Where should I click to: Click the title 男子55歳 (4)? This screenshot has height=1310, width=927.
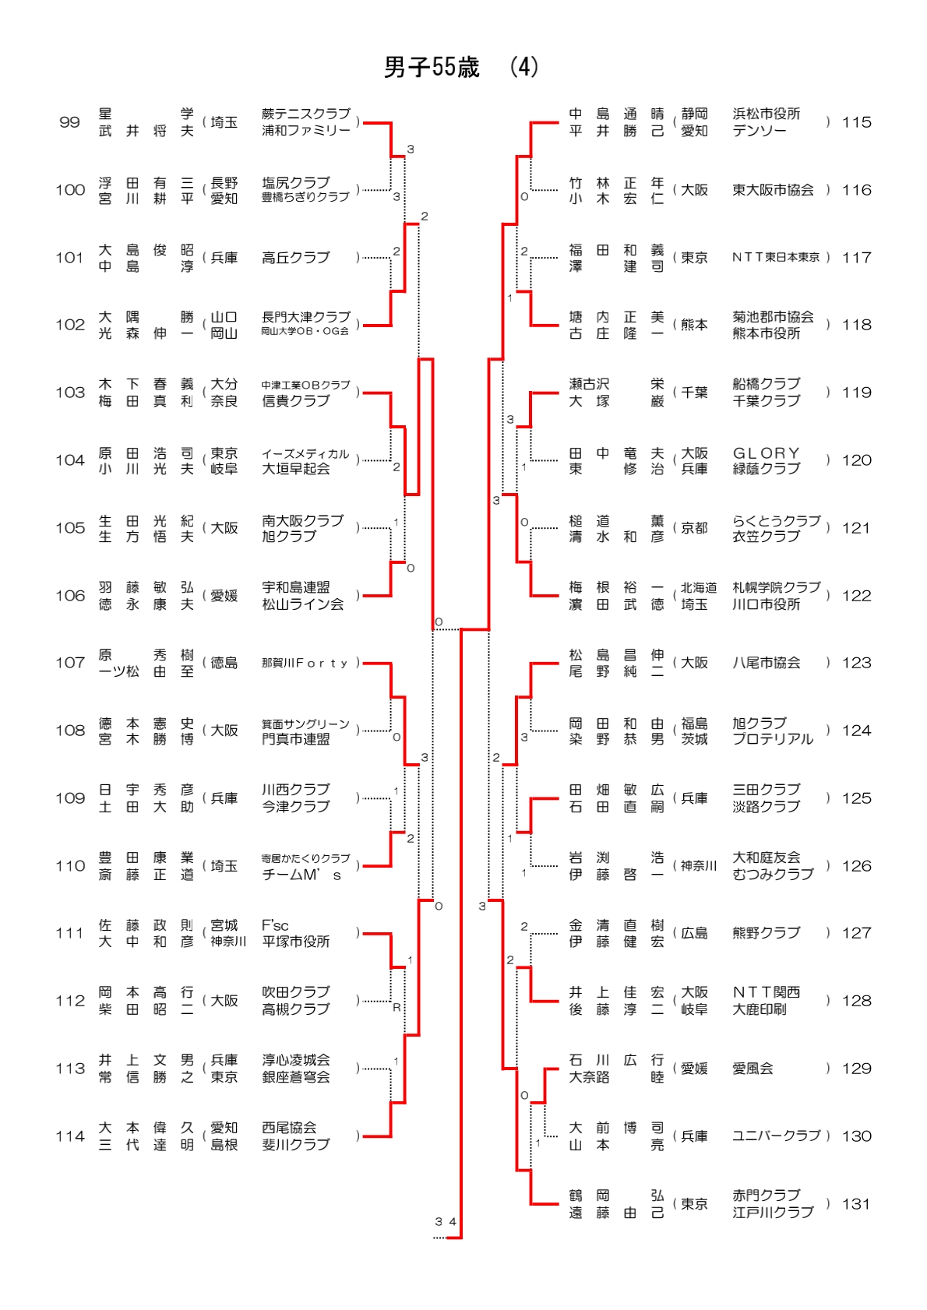point(460,68)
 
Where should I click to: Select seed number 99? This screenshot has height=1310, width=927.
point(69,122)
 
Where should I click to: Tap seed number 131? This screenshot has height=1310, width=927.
point(856,1204)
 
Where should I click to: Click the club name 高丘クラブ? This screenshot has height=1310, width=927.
point(296,258)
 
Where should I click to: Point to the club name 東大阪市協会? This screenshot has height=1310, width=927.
point(773,190)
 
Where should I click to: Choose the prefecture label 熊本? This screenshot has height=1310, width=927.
point(694,325)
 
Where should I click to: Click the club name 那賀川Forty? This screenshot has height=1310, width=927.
point(305,663)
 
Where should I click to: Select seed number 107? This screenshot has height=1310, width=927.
point(69,663)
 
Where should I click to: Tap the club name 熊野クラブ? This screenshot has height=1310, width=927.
point(766,933)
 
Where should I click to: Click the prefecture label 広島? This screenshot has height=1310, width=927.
point(694,933)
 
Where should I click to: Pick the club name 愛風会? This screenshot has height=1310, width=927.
point(753,1069)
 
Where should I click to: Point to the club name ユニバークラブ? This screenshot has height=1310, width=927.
point(776,1136)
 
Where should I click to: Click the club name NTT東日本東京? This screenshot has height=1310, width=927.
point(776,258)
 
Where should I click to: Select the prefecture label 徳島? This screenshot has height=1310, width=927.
point(224,663)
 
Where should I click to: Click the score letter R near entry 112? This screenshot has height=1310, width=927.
point(397,1008)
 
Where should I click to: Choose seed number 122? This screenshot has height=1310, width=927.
point(856,596)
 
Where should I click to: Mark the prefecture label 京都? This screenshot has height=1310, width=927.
point(694,528)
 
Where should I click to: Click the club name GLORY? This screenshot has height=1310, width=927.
point(766,453)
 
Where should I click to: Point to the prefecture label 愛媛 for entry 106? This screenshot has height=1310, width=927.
point(224,596)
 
